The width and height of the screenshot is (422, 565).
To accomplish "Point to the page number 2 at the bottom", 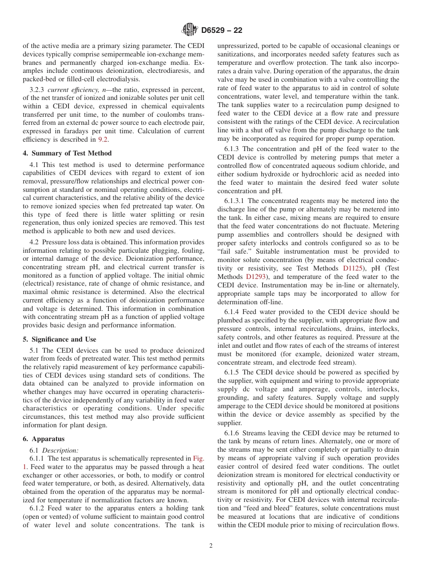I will pos(211,546).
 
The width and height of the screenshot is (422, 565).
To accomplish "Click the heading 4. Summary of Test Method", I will pos(67,153).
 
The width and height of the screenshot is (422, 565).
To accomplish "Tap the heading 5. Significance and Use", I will pos(59,339).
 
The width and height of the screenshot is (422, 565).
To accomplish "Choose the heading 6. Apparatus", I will pos(44,439).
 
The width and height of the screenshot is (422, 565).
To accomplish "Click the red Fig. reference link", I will pos(199,458).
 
